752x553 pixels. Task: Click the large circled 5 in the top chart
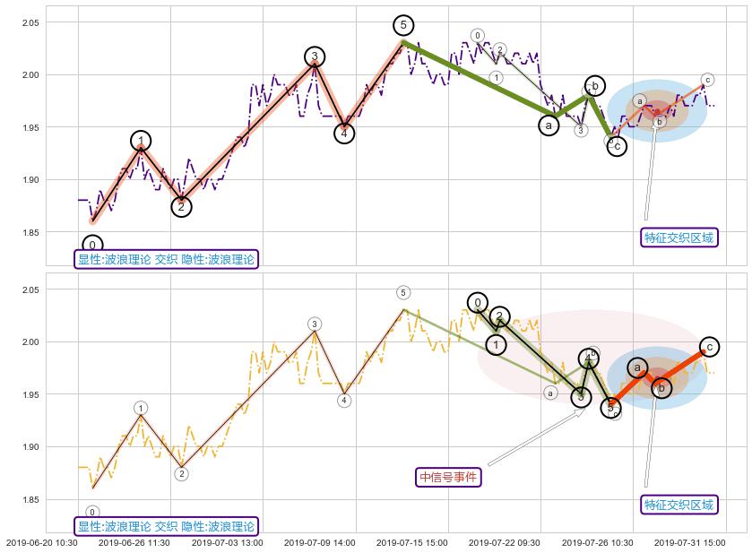pos(404,25)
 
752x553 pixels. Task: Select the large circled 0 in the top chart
pos(92,246)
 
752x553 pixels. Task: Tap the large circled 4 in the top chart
pos(344,133)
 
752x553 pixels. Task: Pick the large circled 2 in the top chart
pos(181,207)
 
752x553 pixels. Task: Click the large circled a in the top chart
pos(549,125)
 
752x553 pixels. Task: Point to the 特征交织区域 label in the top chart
pos(679,238)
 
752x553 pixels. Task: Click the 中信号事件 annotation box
pos(448,477)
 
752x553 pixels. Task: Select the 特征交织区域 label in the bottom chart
pos(679,505)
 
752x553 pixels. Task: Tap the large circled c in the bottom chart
pos(708,347)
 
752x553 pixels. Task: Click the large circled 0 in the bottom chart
pos(478,303)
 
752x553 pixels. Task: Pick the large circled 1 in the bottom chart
pos(496,344)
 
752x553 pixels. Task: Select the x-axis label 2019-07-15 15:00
pos(411,542)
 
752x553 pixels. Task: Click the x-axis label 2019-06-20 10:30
pos(41,542)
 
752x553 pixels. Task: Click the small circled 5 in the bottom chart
pos(403,293)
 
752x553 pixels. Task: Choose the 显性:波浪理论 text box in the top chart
pos(166,260)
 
